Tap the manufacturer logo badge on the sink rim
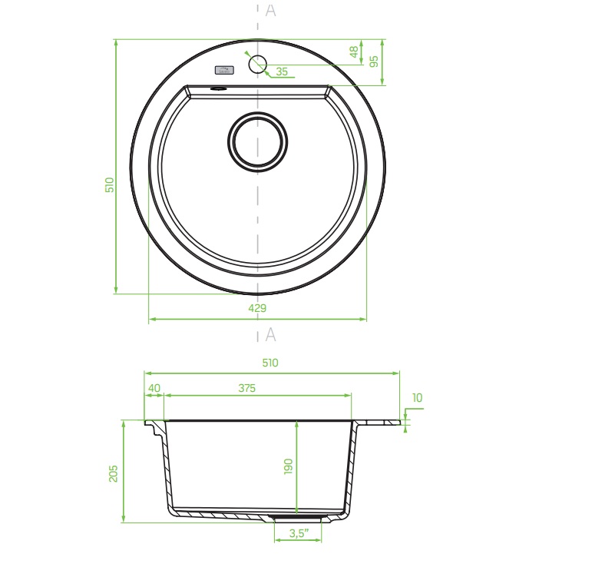[x=224, y=70]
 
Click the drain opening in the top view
[x=258, y=141]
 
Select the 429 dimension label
[x=257, y=308]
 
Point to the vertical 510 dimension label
[x=110, y=185]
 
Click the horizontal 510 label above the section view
[x=270, y=363]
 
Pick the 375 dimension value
[x=247, y=388]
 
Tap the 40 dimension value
[x=154, y=388]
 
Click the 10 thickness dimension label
[x=417, y=397]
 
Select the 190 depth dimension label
[x=288, y=466]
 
